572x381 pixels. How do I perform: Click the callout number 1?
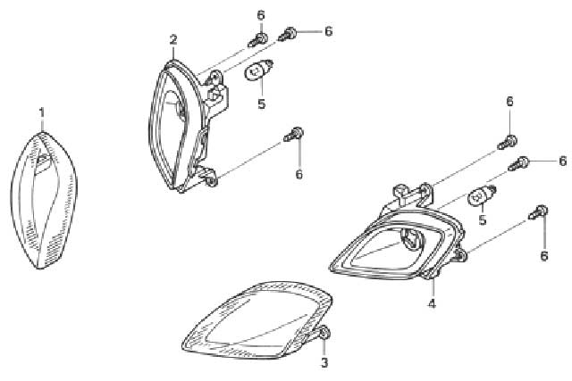coord(42,112)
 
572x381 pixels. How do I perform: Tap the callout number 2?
coord(173,39)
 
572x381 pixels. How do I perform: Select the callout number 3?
coord(324,362)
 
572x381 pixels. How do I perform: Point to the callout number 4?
coord(432,303)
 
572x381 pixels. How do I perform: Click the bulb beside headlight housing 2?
coord(258,70)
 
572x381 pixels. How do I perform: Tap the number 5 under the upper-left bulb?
coord(262,104)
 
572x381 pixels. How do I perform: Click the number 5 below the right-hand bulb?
coord(483,219)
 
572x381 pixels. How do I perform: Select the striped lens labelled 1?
coord(44,201)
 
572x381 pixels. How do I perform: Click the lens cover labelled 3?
coord(257,319)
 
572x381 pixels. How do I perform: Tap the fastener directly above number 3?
coord(324,333)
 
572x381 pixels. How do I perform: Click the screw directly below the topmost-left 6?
coord(258,39)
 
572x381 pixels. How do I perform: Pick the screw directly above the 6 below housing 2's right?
coord(294,135)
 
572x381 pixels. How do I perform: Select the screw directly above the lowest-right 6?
coord(538,212)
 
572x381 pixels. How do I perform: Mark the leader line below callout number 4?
coord(433,287)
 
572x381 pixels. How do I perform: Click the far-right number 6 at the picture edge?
coord(563,161)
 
